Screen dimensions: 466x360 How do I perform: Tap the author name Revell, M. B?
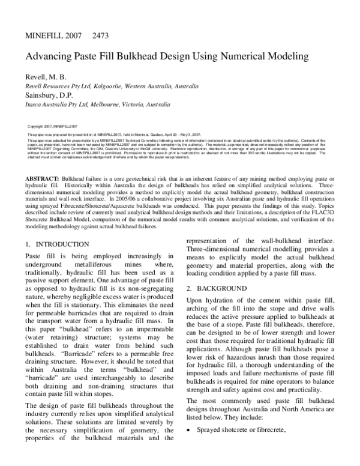click(46, 77)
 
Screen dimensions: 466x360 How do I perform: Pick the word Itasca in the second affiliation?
click(34, 104)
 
